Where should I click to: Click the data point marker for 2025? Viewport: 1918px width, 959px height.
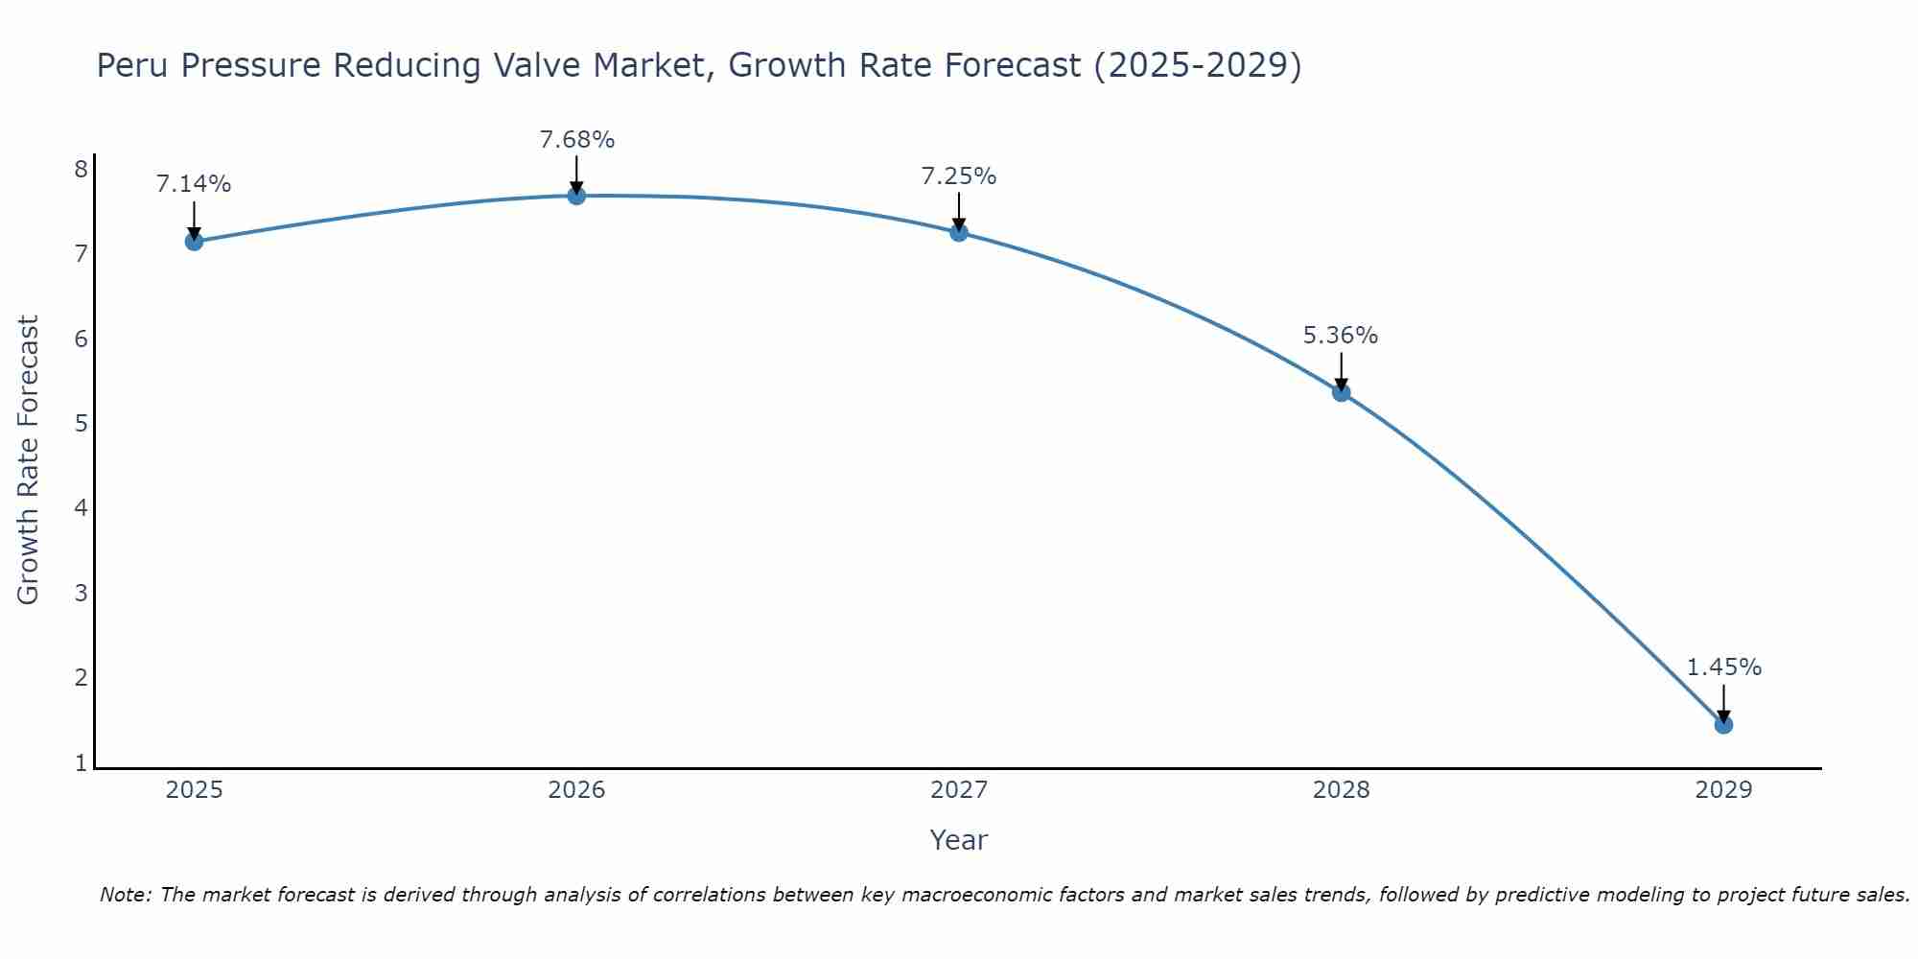[x=194, y=241]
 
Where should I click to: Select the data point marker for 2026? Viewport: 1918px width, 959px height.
[x=576, y=196]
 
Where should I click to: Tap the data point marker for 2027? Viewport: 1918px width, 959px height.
[x=959, y=232]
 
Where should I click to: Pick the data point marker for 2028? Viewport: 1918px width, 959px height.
[x=1341, y=392]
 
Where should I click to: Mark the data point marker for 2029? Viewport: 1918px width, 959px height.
[x=1723, y=724]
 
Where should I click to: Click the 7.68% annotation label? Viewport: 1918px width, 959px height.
[x=576, y=140]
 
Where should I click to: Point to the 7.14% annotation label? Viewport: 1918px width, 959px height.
[x=194, y=184]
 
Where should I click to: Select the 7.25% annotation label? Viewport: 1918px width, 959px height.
[x=959, y=176]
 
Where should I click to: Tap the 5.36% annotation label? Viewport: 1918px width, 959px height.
[x=1341, y=336]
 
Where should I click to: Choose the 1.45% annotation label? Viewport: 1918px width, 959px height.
[x=1723, y=667]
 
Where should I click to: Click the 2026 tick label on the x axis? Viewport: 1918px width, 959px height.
[x=576, y=790]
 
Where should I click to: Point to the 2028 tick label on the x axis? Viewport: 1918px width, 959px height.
[x=1341, y=790]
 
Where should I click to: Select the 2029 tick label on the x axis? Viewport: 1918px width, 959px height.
[x=1723, y=790]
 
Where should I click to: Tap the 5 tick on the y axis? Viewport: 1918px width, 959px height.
[x=81, y=423]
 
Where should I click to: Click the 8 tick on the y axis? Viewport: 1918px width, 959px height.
[x=81, y=170]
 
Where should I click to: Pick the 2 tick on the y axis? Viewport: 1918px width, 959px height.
[x=81, y=678]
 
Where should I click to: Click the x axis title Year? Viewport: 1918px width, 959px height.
[x=958, y=840]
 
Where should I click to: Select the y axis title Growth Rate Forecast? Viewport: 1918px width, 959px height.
[x=29, y=459]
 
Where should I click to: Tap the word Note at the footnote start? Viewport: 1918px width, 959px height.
[x=125, y=895]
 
